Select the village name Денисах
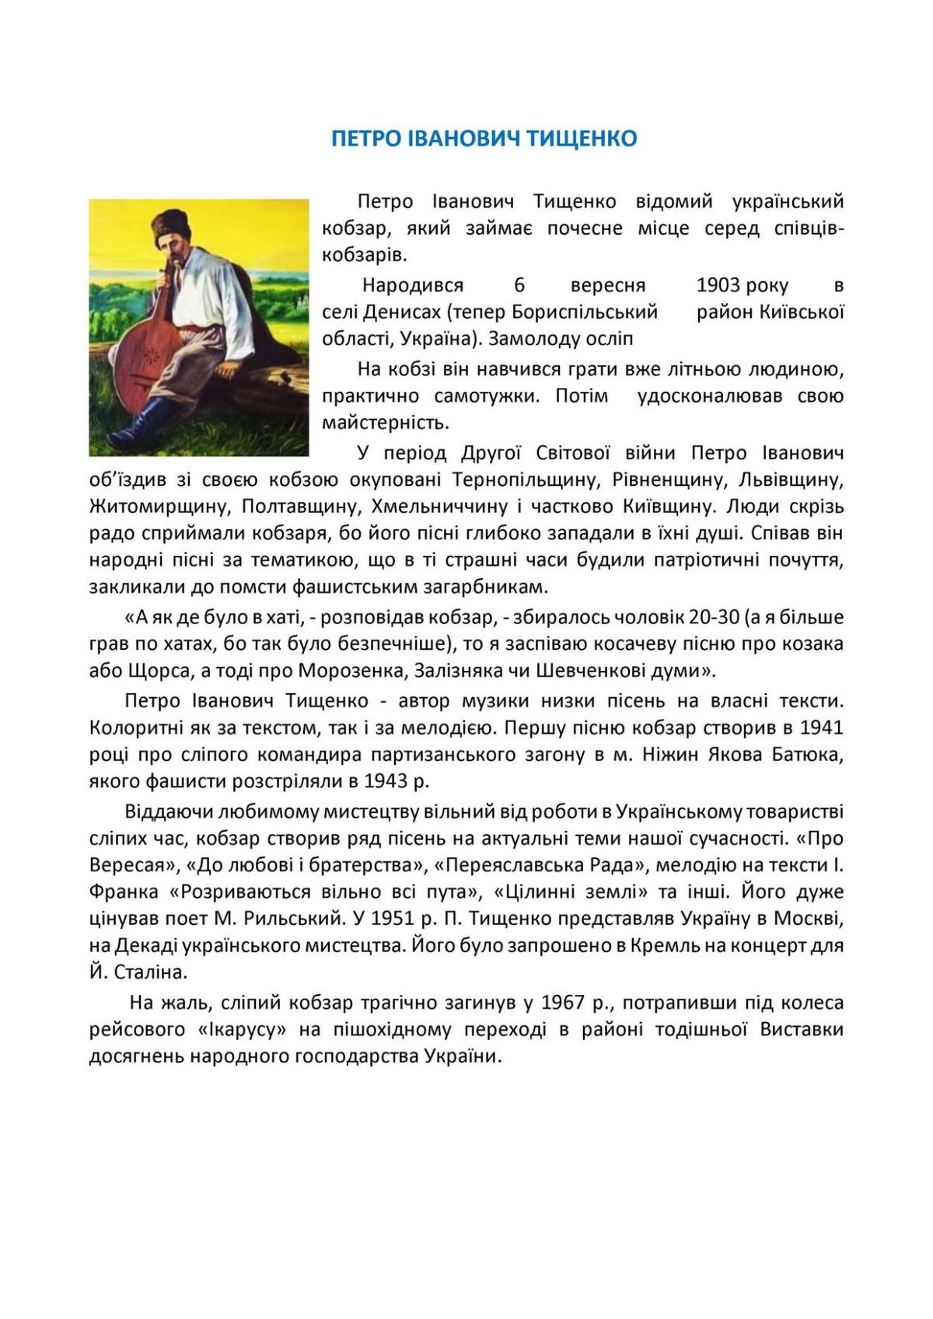point(403,312)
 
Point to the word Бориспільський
point(585,312)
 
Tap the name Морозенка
point(351,671)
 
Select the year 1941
point(821,728)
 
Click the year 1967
point(563,1003)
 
